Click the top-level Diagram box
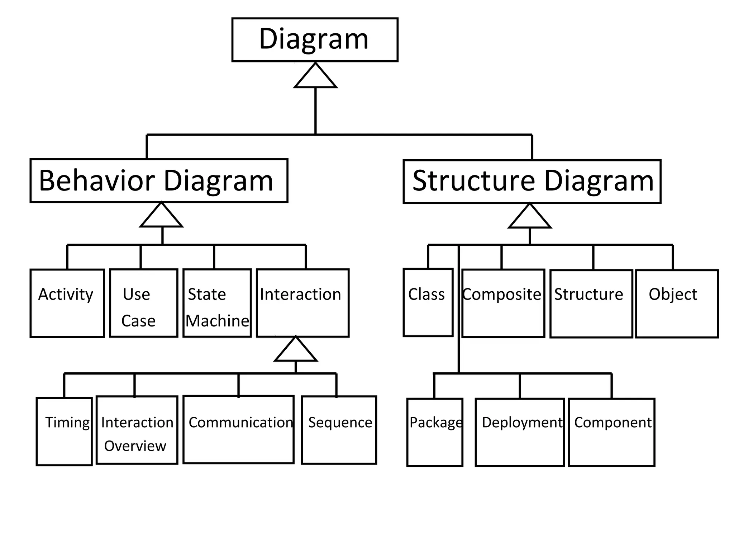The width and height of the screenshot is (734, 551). click(315, 40)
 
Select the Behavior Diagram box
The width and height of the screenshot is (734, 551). click(159, 180)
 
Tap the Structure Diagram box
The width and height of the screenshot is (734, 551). click(532, 182)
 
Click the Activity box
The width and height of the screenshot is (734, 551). click(67, 303)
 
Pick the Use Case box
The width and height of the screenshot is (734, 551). click(143, 303)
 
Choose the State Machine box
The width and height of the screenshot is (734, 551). click(217, 303)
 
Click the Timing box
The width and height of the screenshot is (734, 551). click(64, 432)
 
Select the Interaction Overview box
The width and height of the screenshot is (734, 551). click(137, 430)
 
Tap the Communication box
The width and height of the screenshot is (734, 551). click(238, 430)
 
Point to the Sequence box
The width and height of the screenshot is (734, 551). click(339, 430)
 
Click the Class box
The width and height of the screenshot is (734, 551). click(428, 302)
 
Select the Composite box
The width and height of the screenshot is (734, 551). click(503, 303)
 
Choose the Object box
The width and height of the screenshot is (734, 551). click(677, 303)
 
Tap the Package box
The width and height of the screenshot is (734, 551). click(435, 432)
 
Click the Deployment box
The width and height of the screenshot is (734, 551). click(520, 432)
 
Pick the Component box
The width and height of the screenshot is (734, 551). click(611, 432)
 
